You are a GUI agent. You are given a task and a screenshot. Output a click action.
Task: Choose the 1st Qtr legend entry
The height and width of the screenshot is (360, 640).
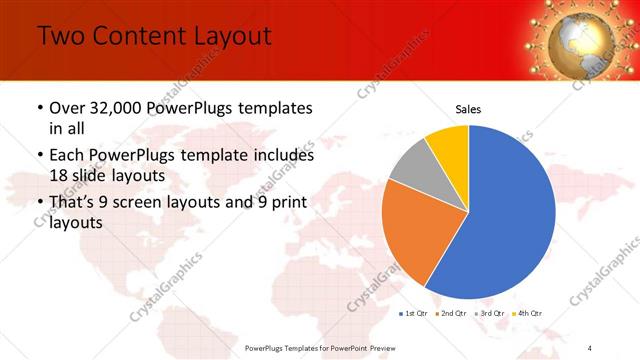point(415,314)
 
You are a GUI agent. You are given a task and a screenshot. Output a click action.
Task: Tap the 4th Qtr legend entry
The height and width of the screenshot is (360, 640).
point(527,314)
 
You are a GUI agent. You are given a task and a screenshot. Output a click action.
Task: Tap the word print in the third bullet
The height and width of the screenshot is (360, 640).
point(285,203)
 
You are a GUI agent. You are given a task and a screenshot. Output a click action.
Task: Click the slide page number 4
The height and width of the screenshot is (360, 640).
point(590,347)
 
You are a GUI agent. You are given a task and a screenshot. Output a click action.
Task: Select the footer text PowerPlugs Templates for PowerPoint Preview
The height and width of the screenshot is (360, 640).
point(320,347)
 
